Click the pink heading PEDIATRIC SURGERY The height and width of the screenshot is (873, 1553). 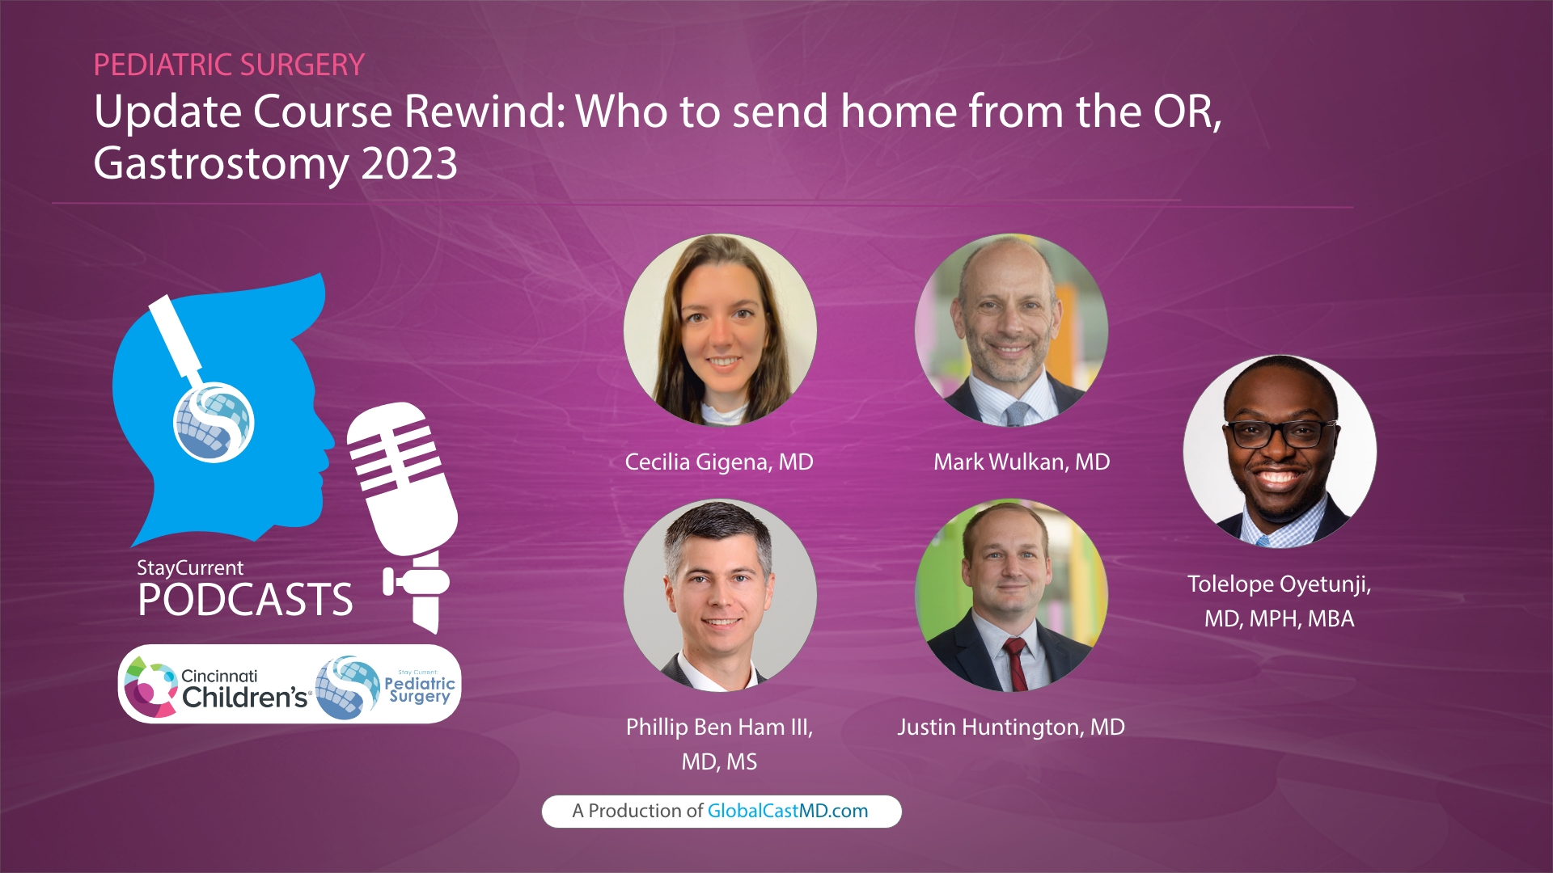pos(229,65)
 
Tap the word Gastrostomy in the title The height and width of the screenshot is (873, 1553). pos(221,164)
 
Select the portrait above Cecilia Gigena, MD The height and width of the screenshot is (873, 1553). pos(720,330)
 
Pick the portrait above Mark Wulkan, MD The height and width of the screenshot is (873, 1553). pos(1011,330)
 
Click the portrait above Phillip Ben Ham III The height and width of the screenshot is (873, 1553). pos(720,595)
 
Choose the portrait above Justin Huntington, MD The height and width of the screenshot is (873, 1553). pos(1011,595)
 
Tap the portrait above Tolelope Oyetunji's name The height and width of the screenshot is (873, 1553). pos(1280,451)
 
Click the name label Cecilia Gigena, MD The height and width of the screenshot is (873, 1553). pos(719,462)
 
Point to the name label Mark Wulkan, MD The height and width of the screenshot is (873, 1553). pos(1022,462)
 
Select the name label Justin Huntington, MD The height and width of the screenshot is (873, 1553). pos(1011,727)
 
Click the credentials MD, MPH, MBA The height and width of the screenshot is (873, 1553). pos(1279,619)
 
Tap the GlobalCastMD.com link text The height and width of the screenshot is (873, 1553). pos(787,812)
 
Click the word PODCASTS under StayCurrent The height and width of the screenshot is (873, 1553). pos(245,600)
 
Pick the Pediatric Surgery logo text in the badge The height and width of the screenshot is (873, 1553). pos(419,689)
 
